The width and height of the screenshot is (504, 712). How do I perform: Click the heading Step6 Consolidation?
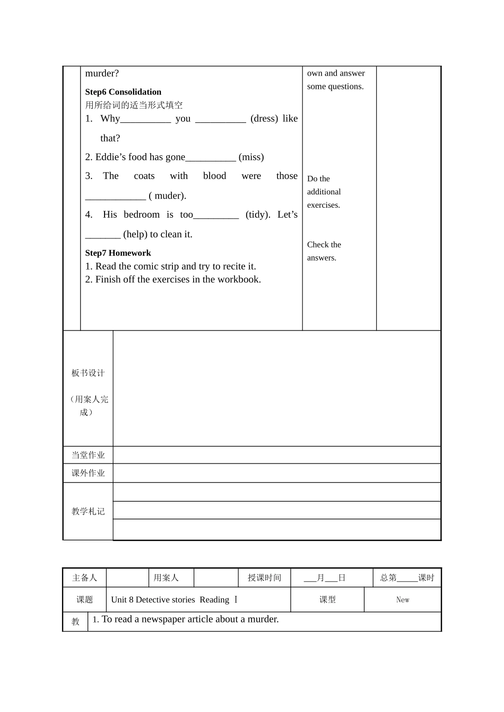[123, 92]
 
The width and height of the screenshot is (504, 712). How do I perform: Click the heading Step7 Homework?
[118, 253]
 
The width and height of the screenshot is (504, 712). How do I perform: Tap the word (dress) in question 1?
[264, 119]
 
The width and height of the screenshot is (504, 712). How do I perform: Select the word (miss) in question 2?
[251, 157]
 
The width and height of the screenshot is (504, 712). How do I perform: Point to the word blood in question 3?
[214, 176]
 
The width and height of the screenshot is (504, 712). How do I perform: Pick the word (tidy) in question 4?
[258, 215]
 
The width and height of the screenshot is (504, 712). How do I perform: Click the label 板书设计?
[88, 373]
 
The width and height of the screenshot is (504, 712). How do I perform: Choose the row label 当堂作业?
[88, 455]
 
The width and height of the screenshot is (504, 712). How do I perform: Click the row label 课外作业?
[88, 473]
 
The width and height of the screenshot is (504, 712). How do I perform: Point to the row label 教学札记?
[88, 511]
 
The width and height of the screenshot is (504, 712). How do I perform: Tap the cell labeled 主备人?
[84, 577]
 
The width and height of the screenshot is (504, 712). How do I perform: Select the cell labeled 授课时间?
[264, 577]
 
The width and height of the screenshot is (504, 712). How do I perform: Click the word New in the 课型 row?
[403, 600]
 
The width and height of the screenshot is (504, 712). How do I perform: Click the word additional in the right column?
[324, 192]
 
